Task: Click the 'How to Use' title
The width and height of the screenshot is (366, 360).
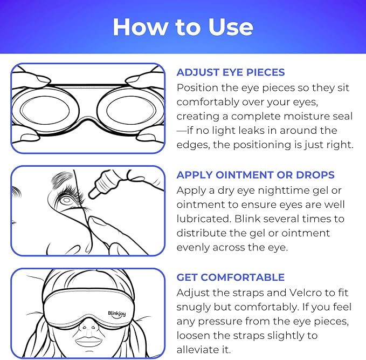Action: pyautogui.click(x=183, y=26)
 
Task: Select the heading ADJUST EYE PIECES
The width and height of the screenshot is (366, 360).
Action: pyautogui.click(x=231, y=72)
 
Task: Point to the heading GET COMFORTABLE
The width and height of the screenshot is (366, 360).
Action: pyautogui.click(x=230, y=277)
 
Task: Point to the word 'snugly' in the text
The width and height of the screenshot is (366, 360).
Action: pyautogui.click(x=195, y=307)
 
